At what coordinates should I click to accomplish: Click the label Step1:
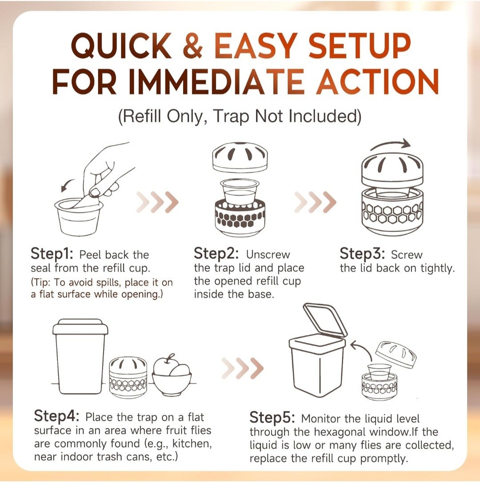tap(52, 254)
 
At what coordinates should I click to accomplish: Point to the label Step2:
tap(216, 254)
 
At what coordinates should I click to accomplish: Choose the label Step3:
tap(362, 254)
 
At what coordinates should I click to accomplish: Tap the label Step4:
tap(56, 416)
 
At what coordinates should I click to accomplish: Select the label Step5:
tap(272, 418)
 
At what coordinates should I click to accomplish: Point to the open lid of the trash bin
tap(325, 319)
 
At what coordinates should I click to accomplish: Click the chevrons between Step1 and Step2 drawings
tap(157, 202)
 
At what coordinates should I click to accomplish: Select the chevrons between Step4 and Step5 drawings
tap(243, 368)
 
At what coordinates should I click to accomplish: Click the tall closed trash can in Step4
tap(80, 356)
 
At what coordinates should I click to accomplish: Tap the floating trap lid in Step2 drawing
tap(240, 157)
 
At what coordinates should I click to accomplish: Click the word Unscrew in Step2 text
tap(268, 254)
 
